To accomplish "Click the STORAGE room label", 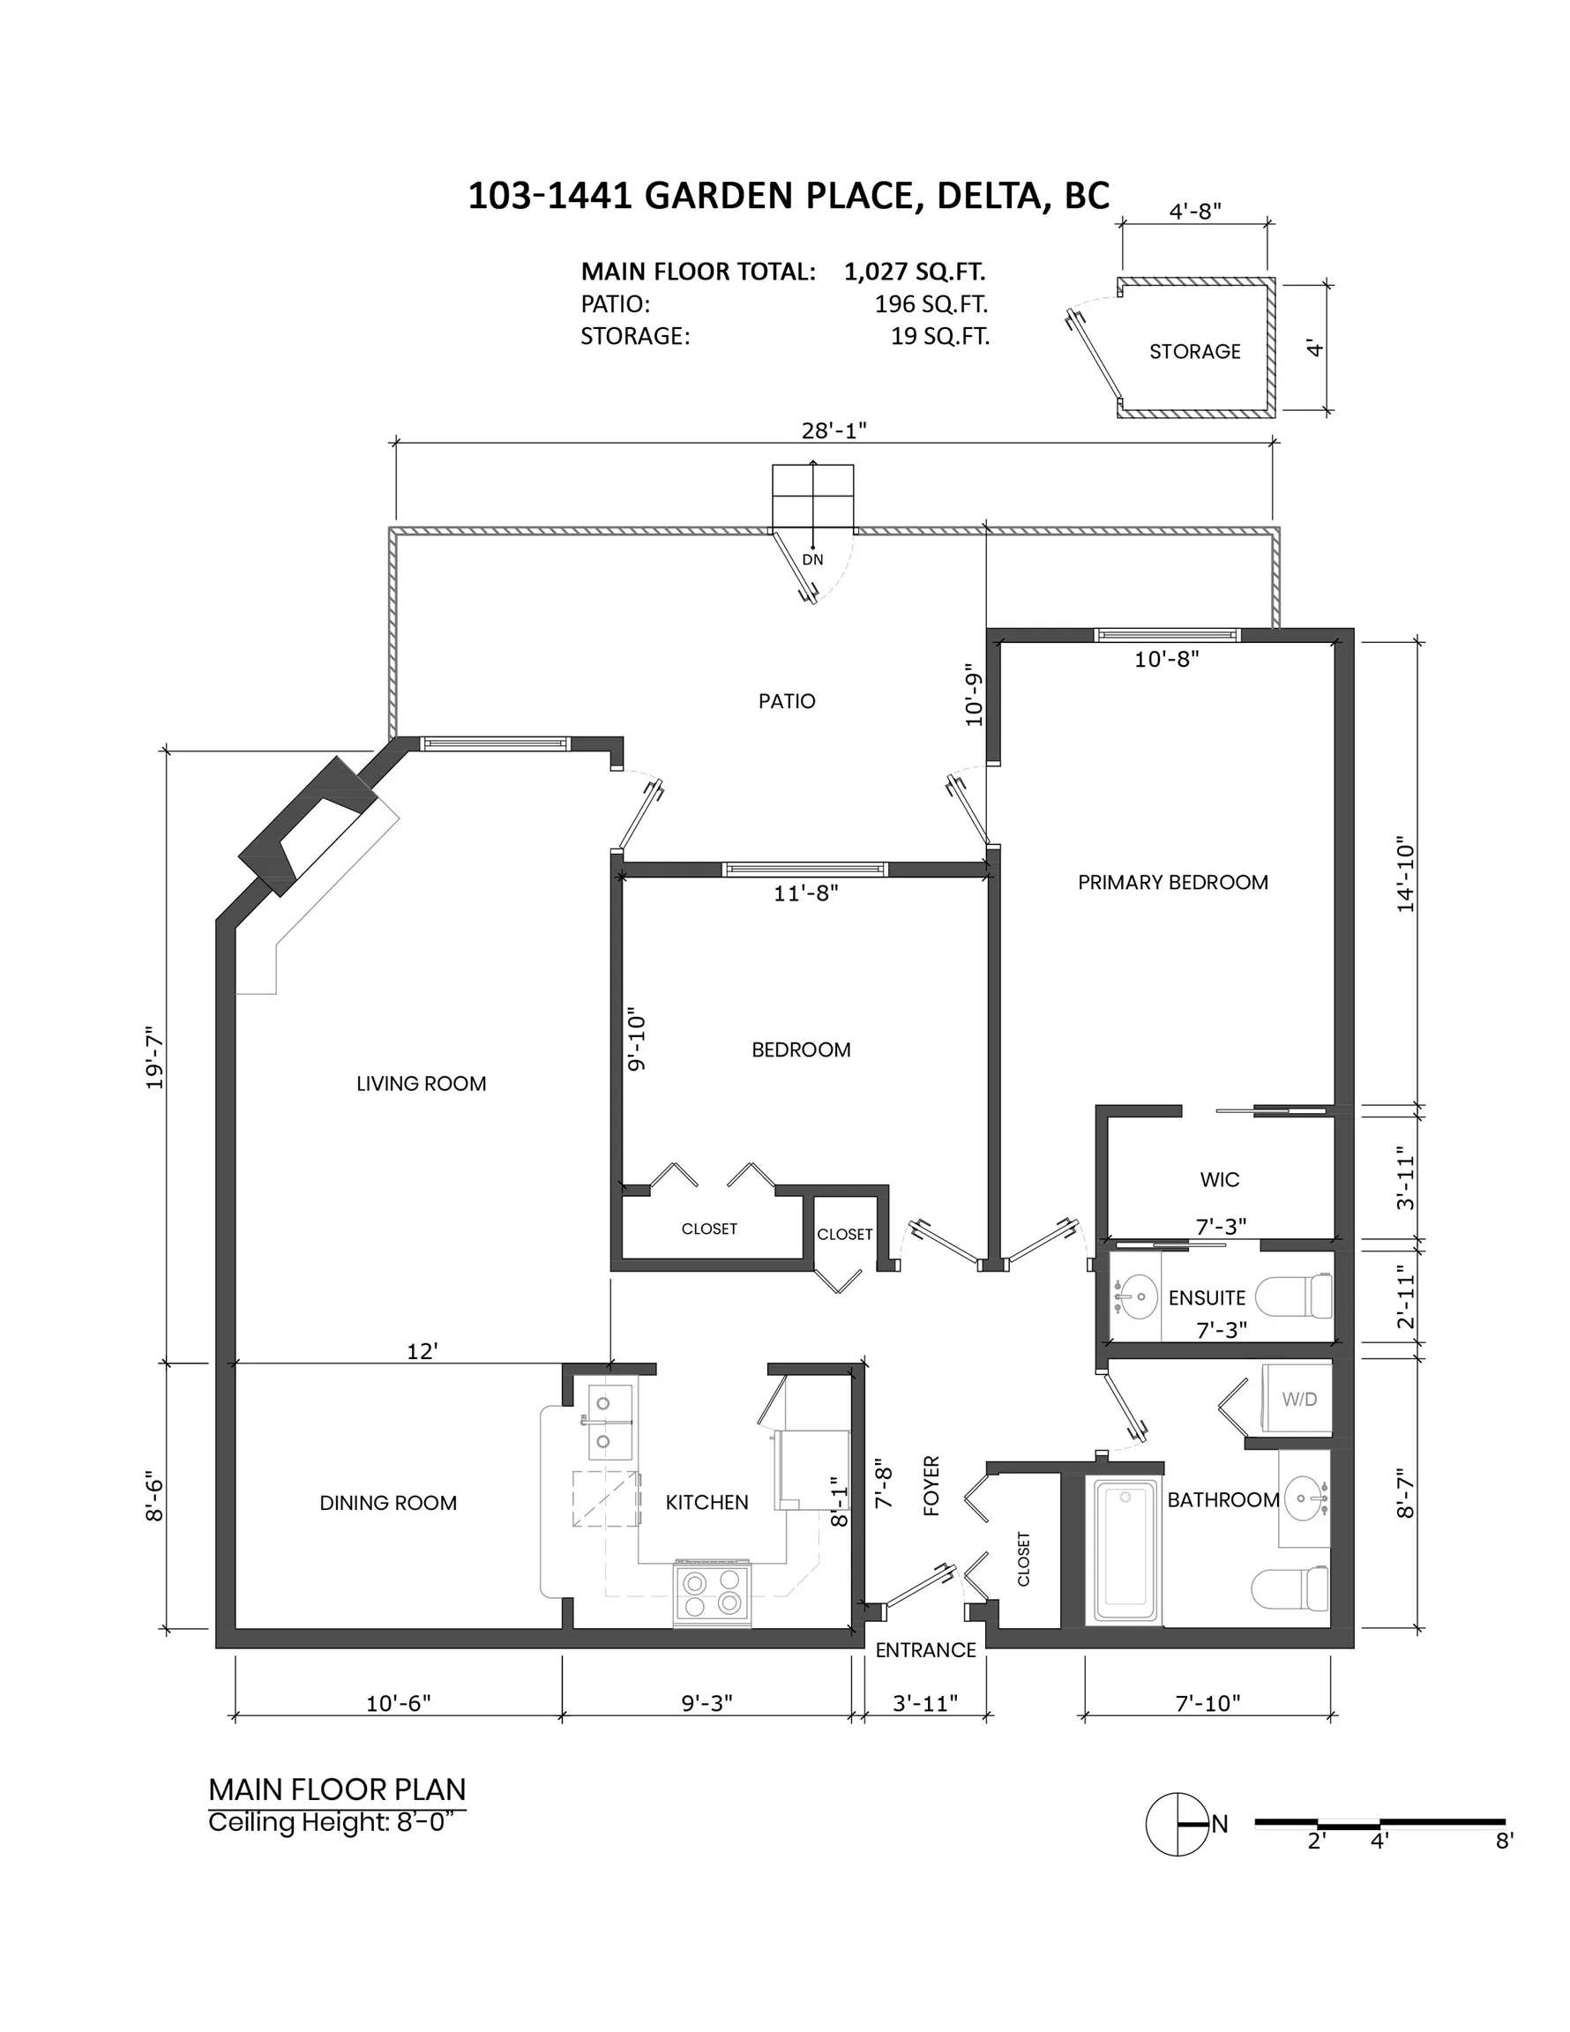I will (x=1194, y=352).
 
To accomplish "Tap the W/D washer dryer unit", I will (x=1297, y=1399).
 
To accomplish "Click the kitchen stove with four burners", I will (x=712, y=1593).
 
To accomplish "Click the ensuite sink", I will (x=1135, y=1296).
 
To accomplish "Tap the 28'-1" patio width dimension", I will (x=834, y=430).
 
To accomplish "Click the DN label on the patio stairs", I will (x=812, y=560).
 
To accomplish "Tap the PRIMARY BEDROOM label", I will (x=1172, y=882).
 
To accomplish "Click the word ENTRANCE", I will (x=925, y=1649).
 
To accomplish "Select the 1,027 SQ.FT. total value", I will (x=914, y=272).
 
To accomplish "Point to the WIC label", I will (x=1219, y=1180).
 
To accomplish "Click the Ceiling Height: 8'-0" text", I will (x=335, y=1823).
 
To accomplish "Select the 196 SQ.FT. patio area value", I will (x=931, y=304).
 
